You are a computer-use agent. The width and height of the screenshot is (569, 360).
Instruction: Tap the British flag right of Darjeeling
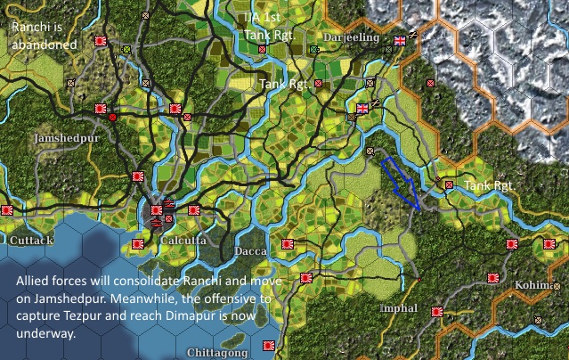(x=400, y=39)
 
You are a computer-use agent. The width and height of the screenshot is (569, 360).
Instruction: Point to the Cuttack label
(x=32, y=241)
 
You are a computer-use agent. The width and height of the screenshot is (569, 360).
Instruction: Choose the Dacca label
(x=250, y=251)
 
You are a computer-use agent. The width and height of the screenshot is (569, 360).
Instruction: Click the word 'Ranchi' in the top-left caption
(x=29, y=27)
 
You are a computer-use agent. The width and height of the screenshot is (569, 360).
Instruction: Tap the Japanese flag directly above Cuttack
(x=7, y=210)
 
